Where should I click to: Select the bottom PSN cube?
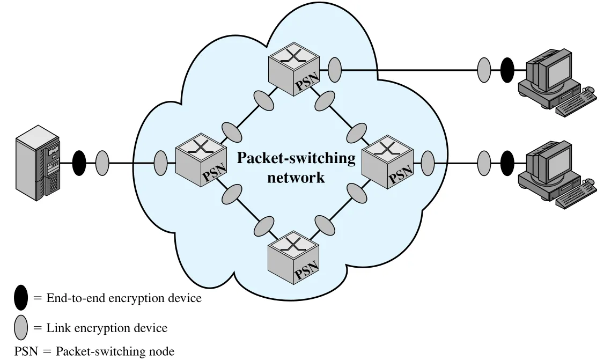tap(294, 258)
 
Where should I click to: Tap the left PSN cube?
tap(201, 160)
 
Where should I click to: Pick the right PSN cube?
tap(387, 162)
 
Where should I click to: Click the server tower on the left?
tap(38, 163)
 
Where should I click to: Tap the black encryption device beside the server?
tap(79, 163)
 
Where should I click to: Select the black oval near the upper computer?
tap(507, 70)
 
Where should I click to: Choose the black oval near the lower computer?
tap(507, 163)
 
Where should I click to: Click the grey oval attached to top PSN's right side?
tap(335, 70)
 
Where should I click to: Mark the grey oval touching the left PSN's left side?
tap(160, 163)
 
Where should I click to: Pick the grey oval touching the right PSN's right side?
tap(428, 163)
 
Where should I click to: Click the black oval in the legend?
tap(21, 298)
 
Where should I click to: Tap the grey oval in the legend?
tap(21, 328)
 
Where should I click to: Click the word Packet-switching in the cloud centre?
tap(296, 158)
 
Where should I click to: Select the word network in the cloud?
tap(296, 177)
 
